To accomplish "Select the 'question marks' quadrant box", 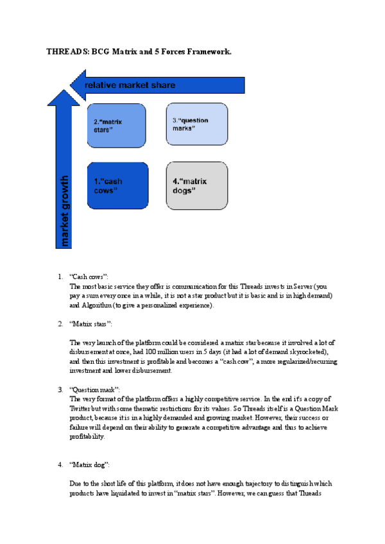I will click(196, 124).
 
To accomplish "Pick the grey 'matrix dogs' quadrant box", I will click(196, 185).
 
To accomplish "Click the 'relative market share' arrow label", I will click(130, 85).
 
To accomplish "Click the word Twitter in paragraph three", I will click(80, 409).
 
